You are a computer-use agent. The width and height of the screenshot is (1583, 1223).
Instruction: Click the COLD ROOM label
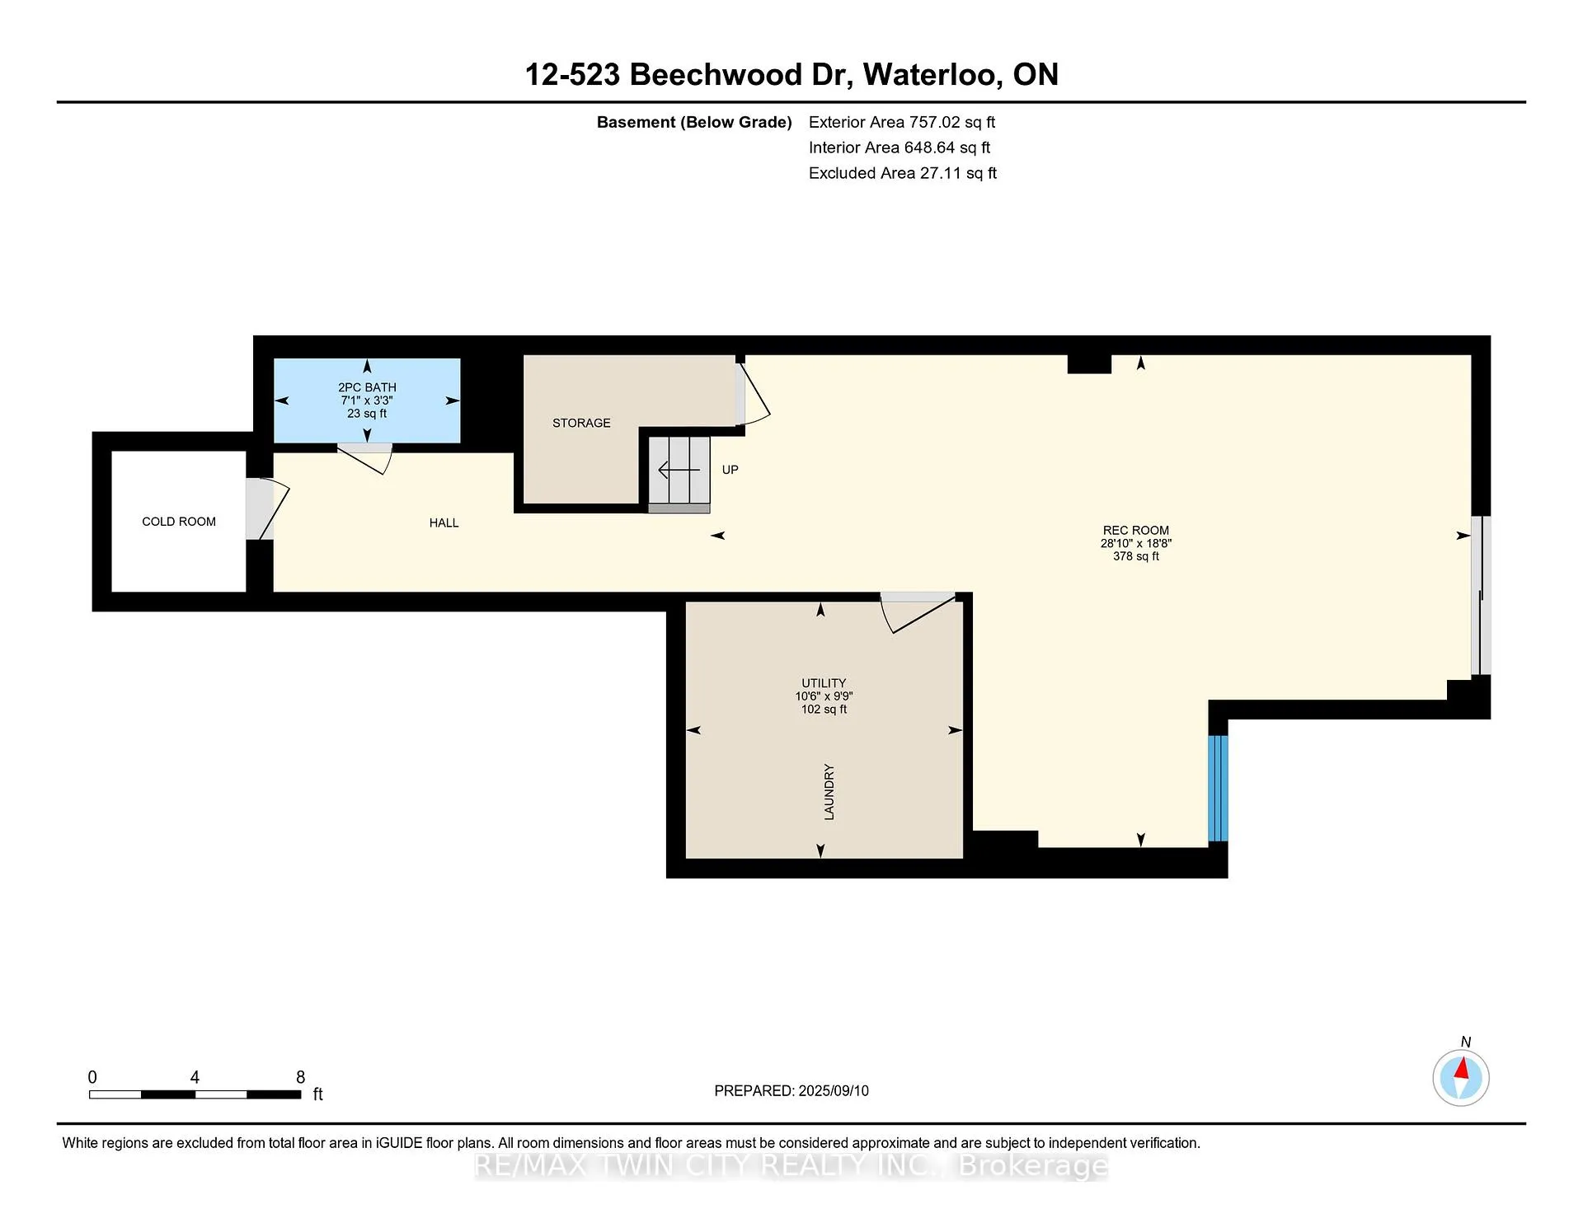[179, 522]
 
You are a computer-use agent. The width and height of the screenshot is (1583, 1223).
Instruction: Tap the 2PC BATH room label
[367, 387]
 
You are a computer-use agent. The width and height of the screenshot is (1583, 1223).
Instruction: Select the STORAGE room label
[581, 423]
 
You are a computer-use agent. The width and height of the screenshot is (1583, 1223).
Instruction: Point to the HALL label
[444, 522]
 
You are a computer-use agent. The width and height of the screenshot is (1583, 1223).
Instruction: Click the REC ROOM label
[1136, 531]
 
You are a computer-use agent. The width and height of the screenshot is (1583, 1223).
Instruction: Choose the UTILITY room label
[824, 683]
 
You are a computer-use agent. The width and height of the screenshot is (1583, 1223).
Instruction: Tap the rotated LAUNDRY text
[829, 792]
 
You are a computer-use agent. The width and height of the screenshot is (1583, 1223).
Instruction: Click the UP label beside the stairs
[730, 470]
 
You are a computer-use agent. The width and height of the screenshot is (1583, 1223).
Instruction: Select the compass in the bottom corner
[1461, 1077]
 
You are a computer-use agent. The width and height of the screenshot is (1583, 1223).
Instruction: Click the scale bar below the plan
[195, 1094]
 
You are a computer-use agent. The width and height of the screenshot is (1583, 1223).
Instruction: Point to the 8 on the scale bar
[301, 1077]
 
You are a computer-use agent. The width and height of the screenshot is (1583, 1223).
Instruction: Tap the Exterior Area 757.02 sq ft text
[902, 122]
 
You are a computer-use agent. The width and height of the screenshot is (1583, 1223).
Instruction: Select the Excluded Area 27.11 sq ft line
[903, 173]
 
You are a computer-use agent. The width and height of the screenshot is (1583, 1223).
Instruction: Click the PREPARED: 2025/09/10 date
[791, 1090]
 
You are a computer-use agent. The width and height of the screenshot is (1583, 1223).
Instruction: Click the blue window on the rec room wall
[1219, 788]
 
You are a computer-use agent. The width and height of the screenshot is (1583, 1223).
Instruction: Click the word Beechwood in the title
[716, 75]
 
